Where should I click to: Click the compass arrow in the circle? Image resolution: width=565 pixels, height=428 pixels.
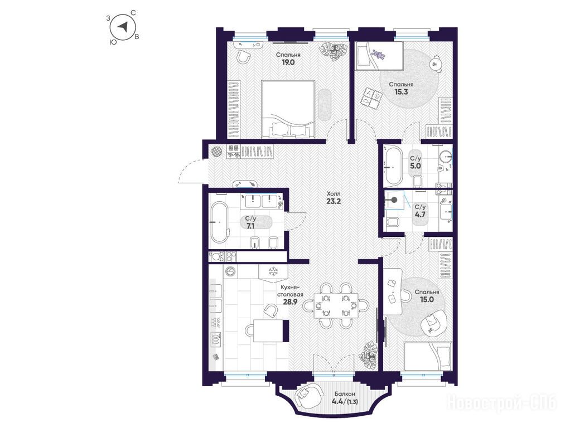124,27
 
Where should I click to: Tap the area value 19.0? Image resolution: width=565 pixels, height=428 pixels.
288,62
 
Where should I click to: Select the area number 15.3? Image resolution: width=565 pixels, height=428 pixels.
400,92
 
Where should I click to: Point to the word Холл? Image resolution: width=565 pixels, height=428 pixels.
334,193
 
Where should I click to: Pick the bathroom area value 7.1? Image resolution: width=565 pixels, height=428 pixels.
250,226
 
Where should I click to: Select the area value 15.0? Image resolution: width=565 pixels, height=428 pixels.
426,299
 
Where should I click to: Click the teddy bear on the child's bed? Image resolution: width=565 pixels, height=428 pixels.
379,55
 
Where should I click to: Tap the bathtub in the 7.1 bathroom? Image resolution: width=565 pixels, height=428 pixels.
219,222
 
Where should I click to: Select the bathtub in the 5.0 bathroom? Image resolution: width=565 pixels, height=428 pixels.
393,166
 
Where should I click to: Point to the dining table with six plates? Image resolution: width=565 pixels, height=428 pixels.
336,306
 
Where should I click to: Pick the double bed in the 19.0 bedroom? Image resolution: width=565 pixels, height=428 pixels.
288,109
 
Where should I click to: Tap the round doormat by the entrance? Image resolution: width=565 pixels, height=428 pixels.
217,151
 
